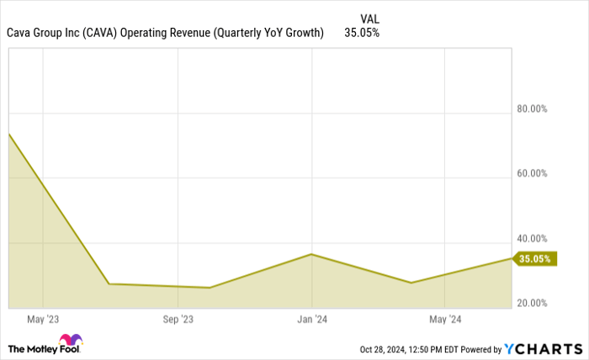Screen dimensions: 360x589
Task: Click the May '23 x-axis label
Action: click(42, 320)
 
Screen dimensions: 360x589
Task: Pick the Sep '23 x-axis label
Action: click(178, 320)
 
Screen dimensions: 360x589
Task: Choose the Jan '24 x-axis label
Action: click(311, 320)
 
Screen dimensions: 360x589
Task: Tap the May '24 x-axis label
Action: click(445, 320)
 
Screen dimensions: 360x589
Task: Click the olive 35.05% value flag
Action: click(534, 259)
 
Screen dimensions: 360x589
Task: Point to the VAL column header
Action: click(369, 18)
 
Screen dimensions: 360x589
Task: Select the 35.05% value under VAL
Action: click(362, 34)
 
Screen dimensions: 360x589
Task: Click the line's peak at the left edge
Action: click(9, 134)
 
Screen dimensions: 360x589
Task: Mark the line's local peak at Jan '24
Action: click(311, 254)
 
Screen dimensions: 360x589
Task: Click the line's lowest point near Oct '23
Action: click(209, 288)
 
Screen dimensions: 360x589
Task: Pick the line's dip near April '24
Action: click(411, 283)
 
